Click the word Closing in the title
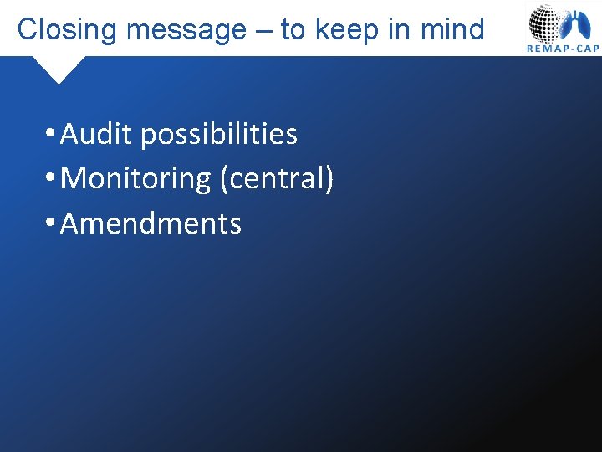click(x=67, y=30)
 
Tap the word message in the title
click(x=186, y=30)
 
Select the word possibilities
click(x=219, y=134)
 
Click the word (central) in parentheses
click(x=277, y=178)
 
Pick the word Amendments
click(x=151, y=223)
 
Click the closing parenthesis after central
click(x=329, y=178)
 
